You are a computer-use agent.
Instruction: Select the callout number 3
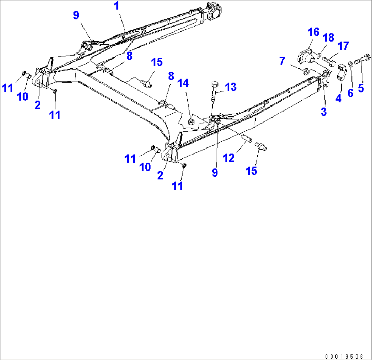coord(324,111)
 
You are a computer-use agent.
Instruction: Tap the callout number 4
coord(338,99)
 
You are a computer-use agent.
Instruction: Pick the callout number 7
coord(282,62)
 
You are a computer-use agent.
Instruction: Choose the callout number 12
coord(229,158)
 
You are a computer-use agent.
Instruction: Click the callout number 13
coord(231,87)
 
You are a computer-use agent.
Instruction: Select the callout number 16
coord(313,32)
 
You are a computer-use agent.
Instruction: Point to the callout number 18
coord(329,38)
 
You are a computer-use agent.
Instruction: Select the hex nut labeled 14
coord(192,121)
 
